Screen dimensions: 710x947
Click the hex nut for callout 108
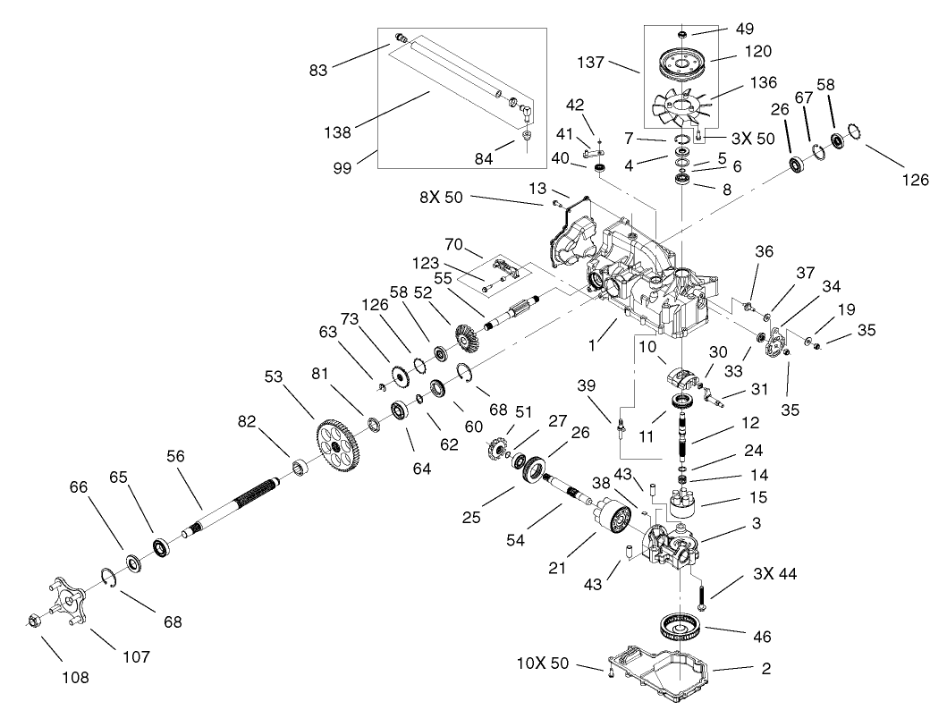[x=31, y=619]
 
